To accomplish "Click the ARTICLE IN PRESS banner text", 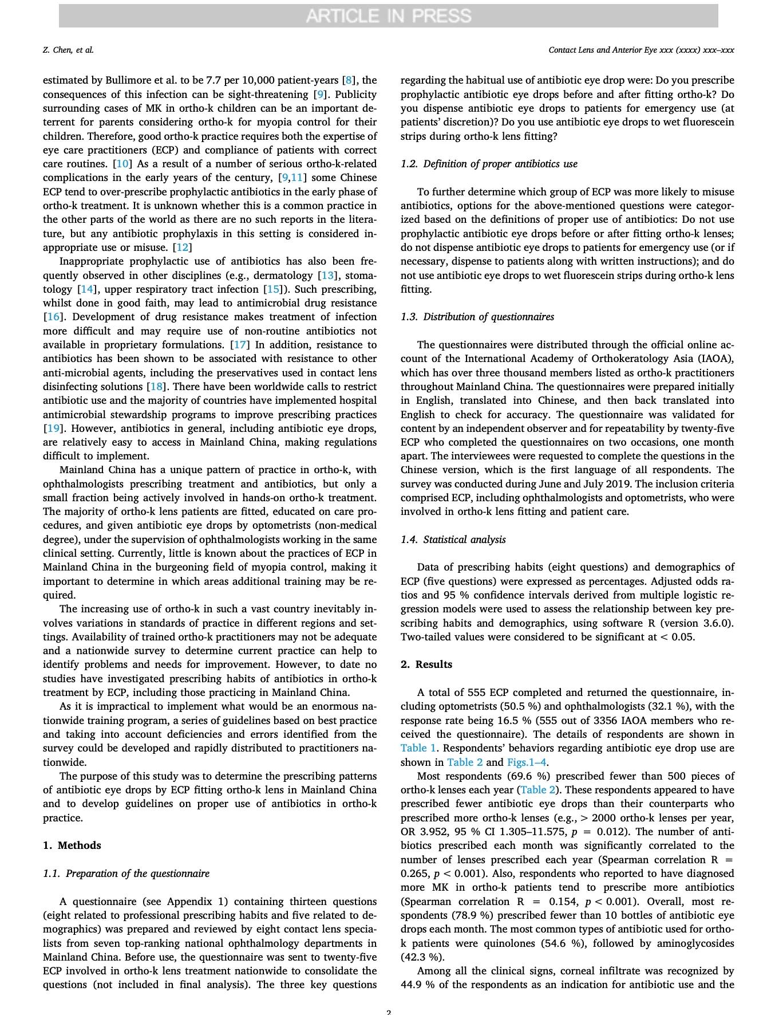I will point(388,16).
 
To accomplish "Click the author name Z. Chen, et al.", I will point(68,50).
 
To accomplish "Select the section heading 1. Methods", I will point(72,845).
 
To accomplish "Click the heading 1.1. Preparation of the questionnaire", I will point(126,874).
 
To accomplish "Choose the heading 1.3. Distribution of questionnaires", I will point(477,317).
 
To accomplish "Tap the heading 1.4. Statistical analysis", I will point(453,540).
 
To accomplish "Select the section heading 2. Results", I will point(426,664).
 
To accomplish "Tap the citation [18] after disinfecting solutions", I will point(155,387).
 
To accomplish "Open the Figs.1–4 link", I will point(527,762).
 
